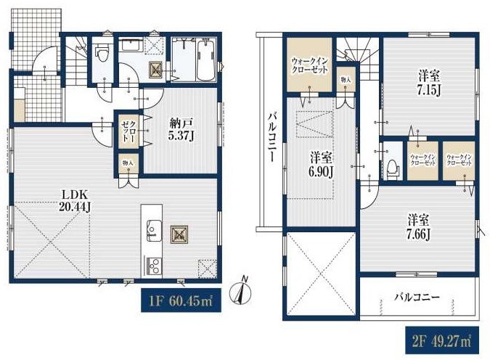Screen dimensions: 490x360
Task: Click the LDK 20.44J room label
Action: (x=75, y=201)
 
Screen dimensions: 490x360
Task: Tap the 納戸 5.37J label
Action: (x=182, y=129)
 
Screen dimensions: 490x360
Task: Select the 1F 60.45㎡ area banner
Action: (x=181, y=300)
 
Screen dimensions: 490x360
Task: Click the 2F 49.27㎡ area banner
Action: (x=442, y=340)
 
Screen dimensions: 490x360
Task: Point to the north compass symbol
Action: (x=240, y=291)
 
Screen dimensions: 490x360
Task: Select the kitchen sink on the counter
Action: (x=155, y=231)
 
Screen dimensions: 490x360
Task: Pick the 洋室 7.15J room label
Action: (x=429, y=84)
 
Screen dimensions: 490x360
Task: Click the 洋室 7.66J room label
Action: (x=419, y=227)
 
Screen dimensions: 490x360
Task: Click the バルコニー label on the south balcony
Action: (x=417, y=297)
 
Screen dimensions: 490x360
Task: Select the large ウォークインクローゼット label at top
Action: (x=310, y=65)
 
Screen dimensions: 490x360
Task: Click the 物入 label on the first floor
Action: (x=128, y=163)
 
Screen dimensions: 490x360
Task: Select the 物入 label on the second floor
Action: (x=346, y=80)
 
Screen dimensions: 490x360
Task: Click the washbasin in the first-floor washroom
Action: (x=131, y=46)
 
